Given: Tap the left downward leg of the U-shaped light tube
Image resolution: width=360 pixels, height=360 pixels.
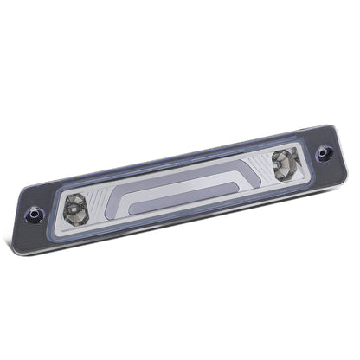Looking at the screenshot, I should pos(125,203).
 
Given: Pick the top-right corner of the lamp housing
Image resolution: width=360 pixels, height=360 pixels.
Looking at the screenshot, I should pos(330,126).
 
